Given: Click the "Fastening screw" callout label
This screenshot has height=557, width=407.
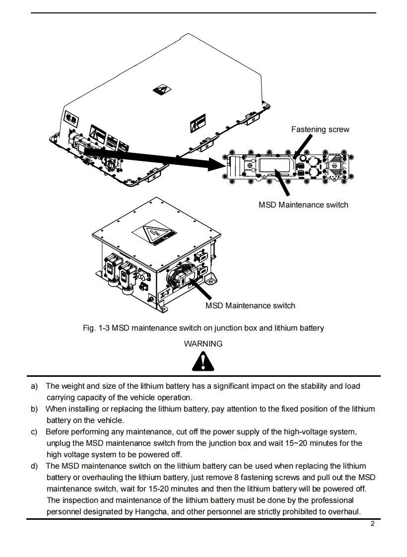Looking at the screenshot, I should pyautogui.click(x=320, y=130).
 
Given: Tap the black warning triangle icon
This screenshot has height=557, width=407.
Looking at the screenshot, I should pyautogui.click(x=203, y=362).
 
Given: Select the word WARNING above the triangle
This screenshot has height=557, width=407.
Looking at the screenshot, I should pyautogui.click(x=203, y=344).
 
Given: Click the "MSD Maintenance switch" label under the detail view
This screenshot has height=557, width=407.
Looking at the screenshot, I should pyautogui.click(x=303, y=205).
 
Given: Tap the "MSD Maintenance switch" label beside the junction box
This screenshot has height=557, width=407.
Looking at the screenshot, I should pyautogui.click(x=250, y=305).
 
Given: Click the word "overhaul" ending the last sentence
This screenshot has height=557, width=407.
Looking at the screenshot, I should pyautogui.click(x=343, y=512).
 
